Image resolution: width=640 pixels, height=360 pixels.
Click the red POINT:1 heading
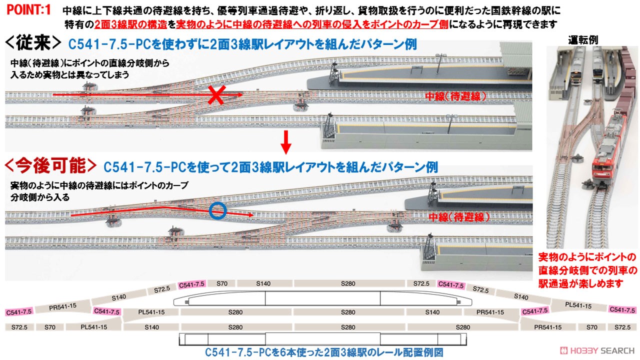tap(28, 10)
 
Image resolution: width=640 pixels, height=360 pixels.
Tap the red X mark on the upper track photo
tap(217, 95)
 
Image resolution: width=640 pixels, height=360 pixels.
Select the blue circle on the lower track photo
tap(217, 211)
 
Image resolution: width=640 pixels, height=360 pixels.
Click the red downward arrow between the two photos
tap(285, 142)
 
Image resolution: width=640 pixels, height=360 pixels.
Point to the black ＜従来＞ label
tap(33, 43)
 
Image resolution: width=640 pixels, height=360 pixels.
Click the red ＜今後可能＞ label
tap(50, 165)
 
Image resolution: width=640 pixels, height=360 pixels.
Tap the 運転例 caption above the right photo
tap(583, 40)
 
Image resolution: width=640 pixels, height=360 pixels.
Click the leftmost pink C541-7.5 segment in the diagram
tap(19, 311)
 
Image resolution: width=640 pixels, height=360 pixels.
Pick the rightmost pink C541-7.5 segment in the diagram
tap(622, 309)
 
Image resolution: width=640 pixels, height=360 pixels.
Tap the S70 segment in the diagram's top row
tap(221, 283)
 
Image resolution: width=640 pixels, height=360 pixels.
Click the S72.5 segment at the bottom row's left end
tap(19, 327)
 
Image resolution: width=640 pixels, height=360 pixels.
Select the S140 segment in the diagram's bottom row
tap(151, 327)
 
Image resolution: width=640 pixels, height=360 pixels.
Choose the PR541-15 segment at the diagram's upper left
tap(62, 307)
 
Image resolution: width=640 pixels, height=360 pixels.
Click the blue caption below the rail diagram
tap(324, 352)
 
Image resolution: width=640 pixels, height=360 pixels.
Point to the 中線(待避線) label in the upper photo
tap(455, 96)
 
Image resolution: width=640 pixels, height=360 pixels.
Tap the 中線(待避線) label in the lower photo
tap(459, 217)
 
